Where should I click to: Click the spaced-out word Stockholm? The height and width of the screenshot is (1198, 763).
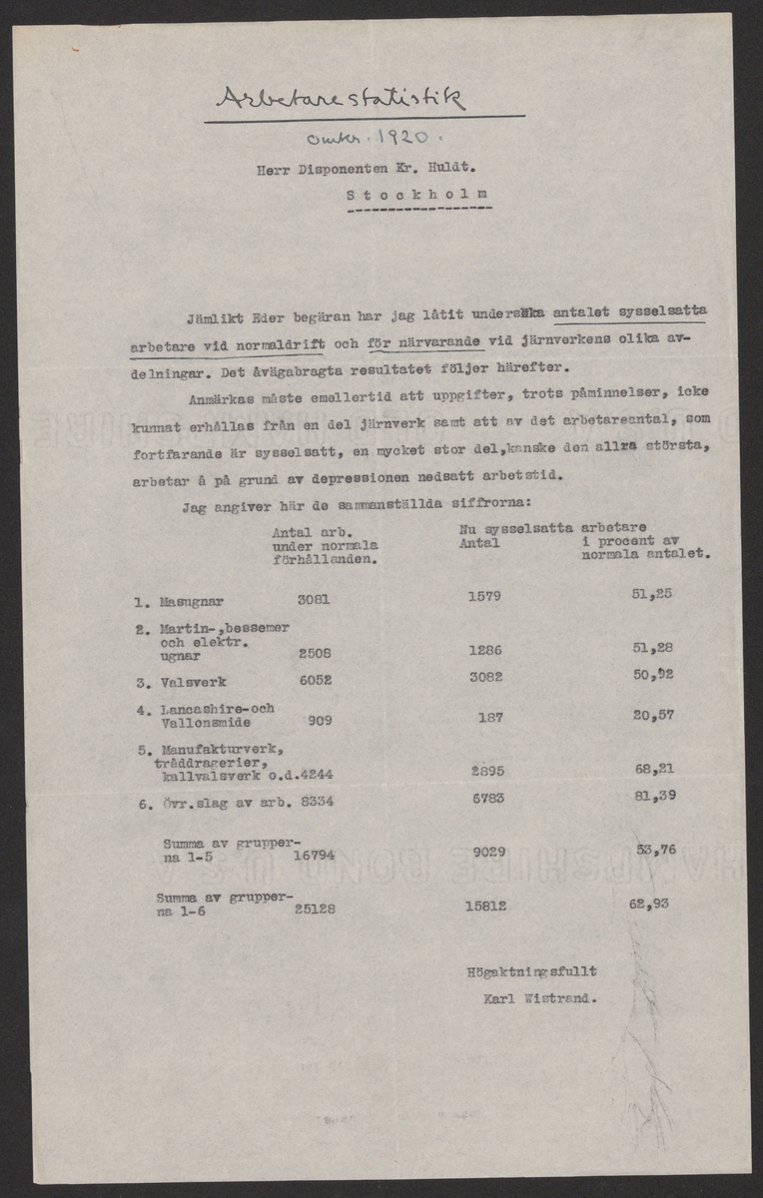pos(418,196)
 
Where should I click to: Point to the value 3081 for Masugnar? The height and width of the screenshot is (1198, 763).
pos(315,601)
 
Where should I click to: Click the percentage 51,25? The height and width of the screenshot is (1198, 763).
pos(653,595)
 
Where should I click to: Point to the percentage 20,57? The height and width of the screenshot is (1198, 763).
pos(654,715)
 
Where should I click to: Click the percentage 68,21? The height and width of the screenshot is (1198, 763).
pos(654,769)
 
